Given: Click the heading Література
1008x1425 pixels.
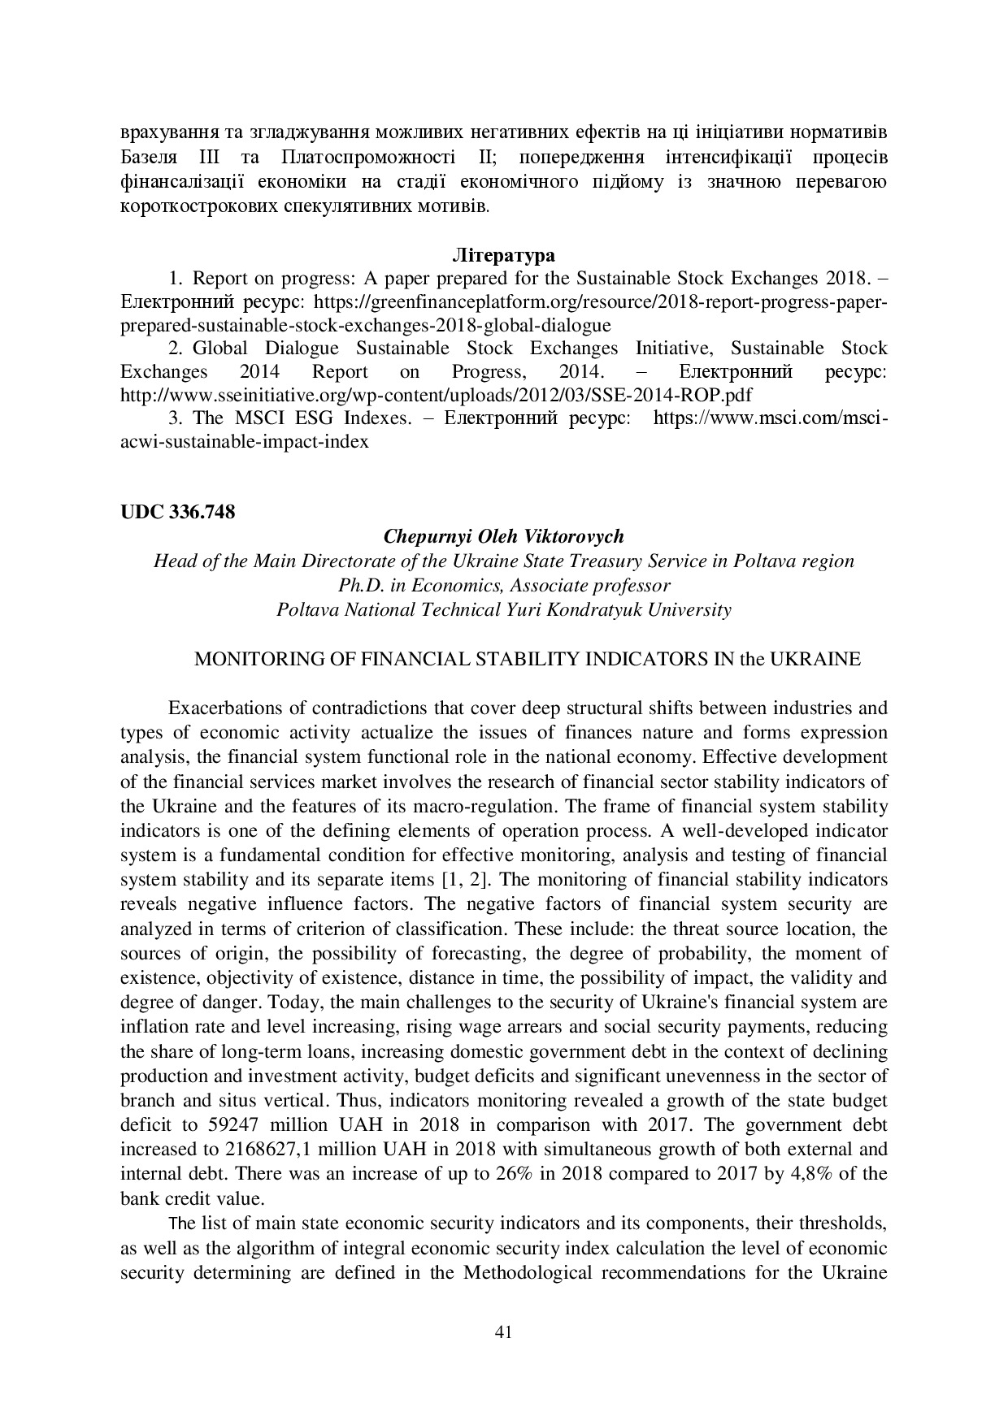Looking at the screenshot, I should (x=503, y=255).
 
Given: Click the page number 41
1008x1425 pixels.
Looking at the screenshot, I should (x=503, y=1332).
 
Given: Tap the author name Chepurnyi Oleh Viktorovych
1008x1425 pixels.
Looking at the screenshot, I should (x=503, y=536).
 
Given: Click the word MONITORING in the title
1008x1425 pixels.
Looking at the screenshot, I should (x=243, y=659).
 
